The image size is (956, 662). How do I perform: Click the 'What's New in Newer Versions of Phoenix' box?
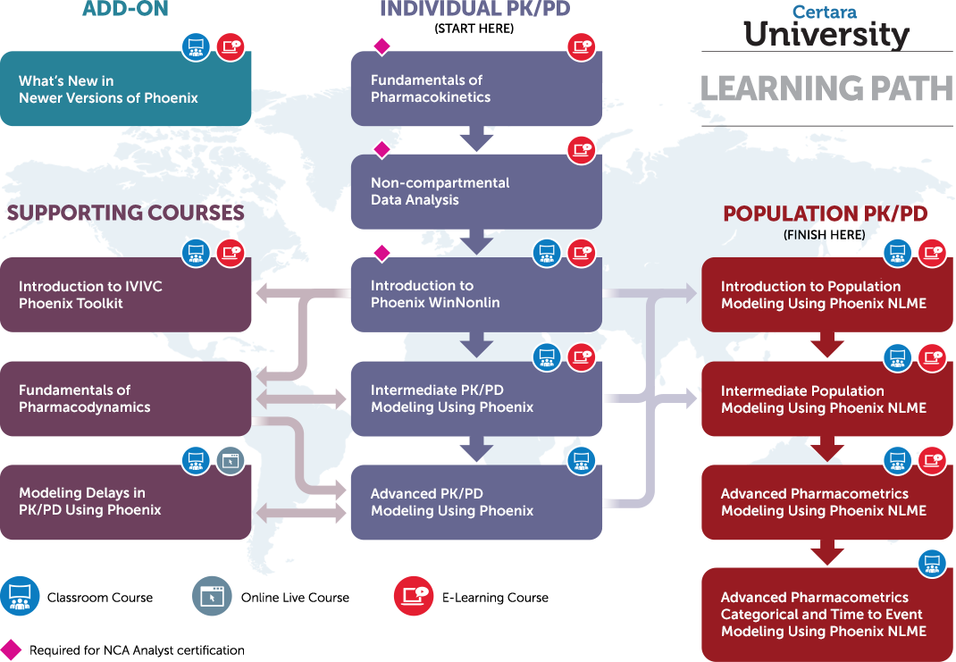pos(125,88)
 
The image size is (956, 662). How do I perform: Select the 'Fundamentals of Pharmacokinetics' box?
pos(475,88)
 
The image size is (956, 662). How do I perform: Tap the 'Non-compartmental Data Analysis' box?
pos(475,191)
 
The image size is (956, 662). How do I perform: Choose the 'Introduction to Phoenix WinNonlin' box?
pos(475,295)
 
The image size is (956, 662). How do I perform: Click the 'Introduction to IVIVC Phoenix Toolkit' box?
pos(125,295)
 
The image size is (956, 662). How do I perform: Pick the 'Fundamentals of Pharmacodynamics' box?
pos(125,398)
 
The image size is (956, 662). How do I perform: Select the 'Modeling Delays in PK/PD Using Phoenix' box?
pos(125,501)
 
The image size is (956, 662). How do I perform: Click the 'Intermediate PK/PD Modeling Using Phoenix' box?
pos(475,398)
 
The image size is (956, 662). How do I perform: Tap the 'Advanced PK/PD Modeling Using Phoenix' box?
pos(475,502)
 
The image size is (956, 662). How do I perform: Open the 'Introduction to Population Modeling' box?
pos(827,295)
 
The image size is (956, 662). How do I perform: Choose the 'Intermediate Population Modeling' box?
pos(827,398)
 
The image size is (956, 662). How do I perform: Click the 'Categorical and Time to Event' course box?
pos(827,615)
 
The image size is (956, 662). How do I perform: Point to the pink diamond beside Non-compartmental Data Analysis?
pos(382,148)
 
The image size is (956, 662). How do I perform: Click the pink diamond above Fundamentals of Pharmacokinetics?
pos(382,46)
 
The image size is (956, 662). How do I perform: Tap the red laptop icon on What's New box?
pos(231,46)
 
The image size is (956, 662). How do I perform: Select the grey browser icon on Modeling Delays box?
pos(231,461)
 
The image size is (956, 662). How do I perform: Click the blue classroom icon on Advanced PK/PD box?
pos(582,461)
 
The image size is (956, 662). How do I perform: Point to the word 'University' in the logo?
pos(826,35)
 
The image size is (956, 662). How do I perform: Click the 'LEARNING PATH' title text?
pos(826,88)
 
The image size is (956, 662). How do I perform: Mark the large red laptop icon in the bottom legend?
pos(413,596)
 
